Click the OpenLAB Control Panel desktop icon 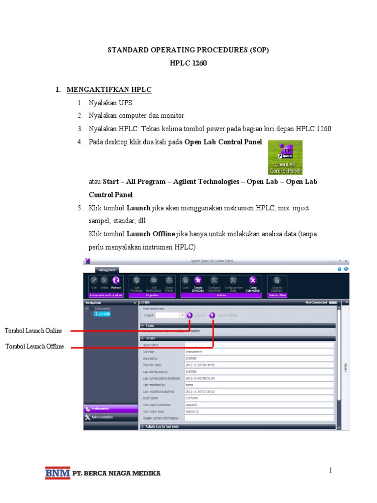click(285, 157)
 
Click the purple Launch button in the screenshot click(189, 315)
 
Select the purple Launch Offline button click(213, 315)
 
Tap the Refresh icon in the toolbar click(116, 280)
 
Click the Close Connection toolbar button click(253, 280)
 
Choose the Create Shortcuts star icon click(198, 280)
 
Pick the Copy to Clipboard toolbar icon click(277, 280)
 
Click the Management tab click(107, 270)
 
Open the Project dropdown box click(170, 315)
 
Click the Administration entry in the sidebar click(102, 417)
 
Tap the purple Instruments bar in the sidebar click(110, 409)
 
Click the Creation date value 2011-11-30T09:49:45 click(200, 365)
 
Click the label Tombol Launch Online click(33, 331)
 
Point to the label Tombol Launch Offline click(34, 347)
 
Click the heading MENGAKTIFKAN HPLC click(109, 89)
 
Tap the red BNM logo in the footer click(57, 473)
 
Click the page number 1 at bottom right click(331, 471)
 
